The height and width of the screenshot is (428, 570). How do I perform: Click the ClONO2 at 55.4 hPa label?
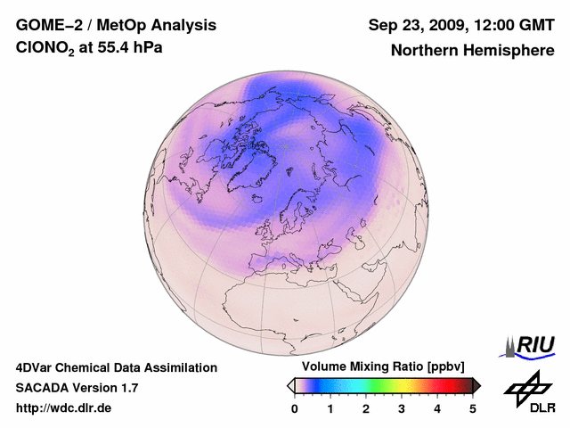(x=89, y=50)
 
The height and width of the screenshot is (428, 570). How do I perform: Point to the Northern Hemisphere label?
(x=472, y=51)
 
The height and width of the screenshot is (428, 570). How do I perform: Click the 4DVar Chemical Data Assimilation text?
(x=117, y=367)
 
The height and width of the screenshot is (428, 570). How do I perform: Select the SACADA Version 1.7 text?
(x=77, y=388)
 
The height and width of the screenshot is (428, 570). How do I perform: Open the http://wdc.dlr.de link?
(x=64, y=408)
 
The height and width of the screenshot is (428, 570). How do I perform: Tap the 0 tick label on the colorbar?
(x=295, y=408)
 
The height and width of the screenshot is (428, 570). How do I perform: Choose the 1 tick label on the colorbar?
(x=330, y=408)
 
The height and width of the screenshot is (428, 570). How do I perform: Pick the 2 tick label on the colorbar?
(x=366, y=408)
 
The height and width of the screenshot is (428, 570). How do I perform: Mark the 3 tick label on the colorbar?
(x=402, y=408)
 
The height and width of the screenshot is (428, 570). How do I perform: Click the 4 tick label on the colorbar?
(x=437, y=408)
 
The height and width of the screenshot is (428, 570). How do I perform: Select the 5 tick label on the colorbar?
(x=473, y=408)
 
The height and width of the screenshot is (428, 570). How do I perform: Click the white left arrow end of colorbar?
(x=290, y=385)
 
